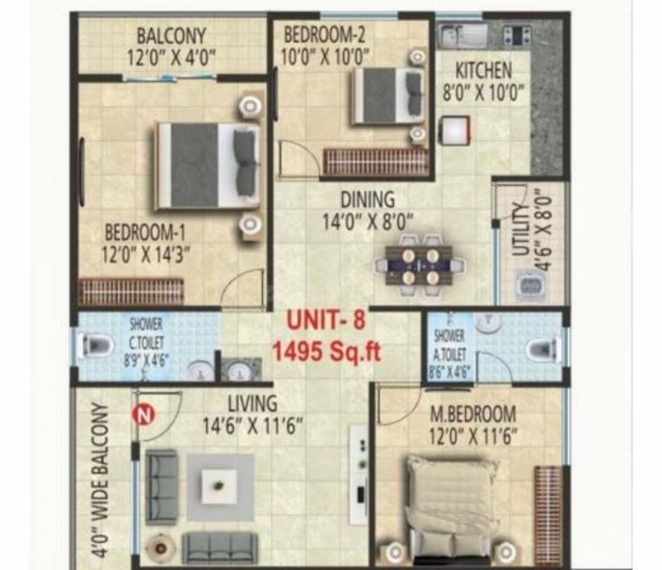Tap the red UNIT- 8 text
[x=326, y=321]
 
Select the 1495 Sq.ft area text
[x=326, y=350]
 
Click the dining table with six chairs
[x=420, y=263]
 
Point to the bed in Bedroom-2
[x=387, y=94]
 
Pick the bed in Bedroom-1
[x=208, y=165]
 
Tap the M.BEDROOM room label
[x=473, y=413]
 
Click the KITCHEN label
[x=483, y=71]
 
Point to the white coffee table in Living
[x=219, y=486]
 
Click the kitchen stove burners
[x=517, y=34]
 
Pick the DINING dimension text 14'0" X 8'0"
[x=367, y=220]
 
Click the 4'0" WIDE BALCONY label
[x=103, y=479]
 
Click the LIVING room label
[x=252, y=404]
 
